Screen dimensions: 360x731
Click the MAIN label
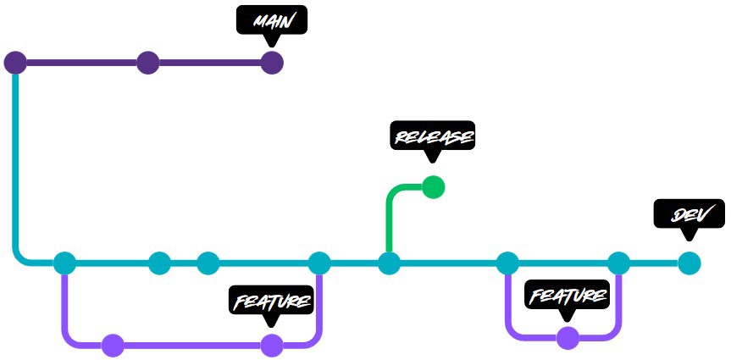tap(271, 20)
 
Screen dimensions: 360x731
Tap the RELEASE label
tap(432, 136)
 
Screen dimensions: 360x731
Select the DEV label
tap(689, 213)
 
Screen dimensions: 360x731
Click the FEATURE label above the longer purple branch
tap(271, 300)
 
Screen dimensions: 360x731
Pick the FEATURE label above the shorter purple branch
tap(568, 295)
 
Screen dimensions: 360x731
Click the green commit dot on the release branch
tap(433, 186)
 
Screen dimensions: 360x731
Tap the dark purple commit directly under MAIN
tap(271, 63)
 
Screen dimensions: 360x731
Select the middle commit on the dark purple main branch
tap(148, 63)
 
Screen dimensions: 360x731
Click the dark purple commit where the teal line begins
tap(15, 63)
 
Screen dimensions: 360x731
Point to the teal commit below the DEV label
tap(689, 263)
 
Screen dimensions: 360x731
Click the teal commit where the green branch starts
tap(389, 263)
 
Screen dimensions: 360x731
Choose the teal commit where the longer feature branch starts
tap(64, 263)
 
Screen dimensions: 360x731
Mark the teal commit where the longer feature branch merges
tap(319, 263)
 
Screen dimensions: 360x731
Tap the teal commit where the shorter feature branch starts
tap(507, 263)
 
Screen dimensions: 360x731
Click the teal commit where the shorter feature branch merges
tap(618, 263)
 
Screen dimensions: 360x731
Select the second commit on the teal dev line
tap(159, 263)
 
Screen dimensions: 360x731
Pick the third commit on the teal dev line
tap(208, 263)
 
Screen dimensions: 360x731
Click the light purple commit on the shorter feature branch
tap(568, 338)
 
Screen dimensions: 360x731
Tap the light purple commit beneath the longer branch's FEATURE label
tap(271, 345)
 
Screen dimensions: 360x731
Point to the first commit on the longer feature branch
tap(113, 345)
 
